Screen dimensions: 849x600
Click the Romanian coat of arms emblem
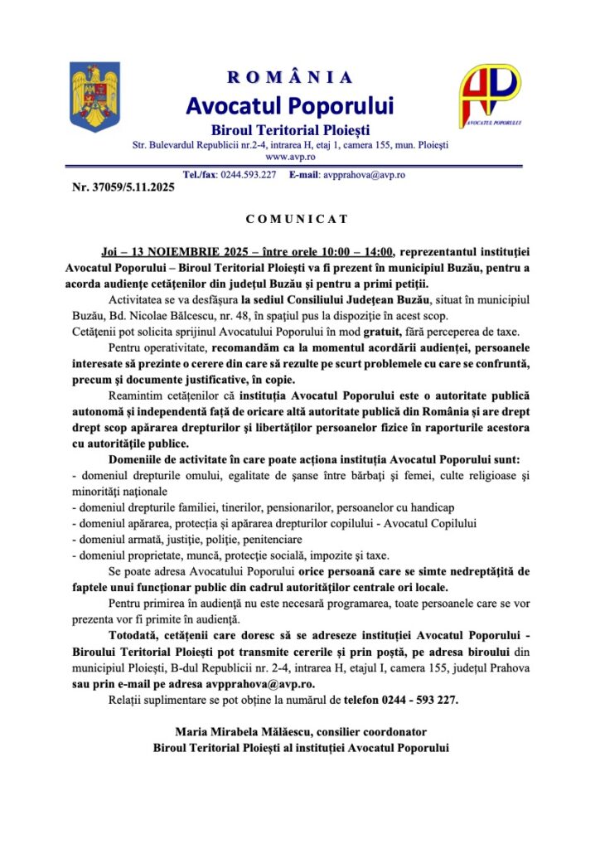94,98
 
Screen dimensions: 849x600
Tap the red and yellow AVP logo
490,95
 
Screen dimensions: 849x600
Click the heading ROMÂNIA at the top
290,78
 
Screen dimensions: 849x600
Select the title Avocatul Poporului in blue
290,105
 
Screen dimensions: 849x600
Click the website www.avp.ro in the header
289,156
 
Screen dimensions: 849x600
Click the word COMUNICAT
297,220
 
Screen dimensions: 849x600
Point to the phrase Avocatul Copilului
426,523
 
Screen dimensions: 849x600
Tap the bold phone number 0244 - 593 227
412,699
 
